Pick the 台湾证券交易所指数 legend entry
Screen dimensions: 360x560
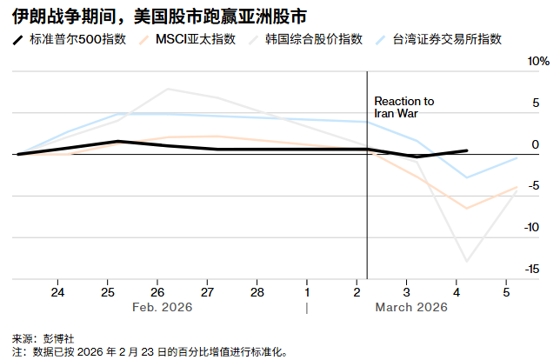click(x=447, y=40)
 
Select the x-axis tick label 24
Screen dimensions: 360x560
click(x=59, y=291)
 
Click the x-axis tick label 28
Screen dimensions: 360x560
click(x=257, y=291)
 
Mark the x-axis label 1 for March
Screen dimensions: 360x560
click(x=307, y=291)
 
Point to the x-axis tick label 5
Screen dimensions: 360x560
click(x=506, y=291)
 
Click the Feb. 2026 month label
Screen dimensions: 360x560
click(x=162, y=307)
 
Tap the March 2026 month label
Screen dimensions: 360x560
click(x=410, y=307)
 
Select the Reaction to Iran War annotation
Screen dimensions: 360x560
click(x=403, y=107)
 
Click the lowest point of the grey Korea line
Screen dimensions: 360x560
click(x=468, y=261)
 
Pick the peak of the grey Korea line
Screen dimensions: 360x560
click(x=168, y=89)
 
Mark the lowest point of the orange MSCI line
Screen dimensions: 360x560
click(x=468, y=209)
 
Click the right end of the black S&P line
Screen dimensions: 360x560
click(x=468, y=150)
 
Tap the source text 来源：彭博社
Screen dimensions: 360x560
click(x=42, y=337)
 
